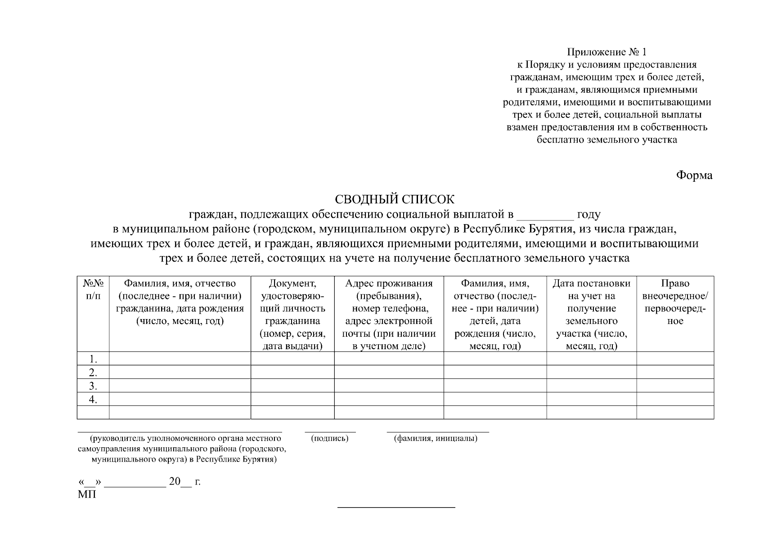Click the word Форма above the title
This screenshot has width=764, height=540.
pos(694,175)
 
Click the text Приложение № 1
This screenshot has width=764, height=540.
pos(607,52)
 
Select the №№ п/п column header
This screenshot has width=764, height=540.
pos(93,290)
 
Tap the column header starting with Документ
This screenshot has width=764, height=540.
pos(292,314)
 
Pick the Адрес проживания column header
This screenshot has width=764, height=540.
pos(389,314)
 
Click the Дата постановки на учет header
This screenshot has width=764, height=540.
pos(591,314)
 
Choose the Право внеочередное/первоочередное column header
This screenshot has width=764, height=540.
pos(675,302)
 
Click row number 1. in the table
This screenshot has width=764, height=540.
pos(93,359)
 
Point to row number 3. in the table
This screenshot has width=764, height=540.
pos(93,386)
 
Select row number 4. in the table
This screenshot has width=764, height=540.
pos(93,400)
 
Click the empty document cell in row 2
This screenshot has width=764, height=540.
pos(292,372)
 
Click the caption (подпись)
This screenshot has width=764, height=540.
pos(330,438)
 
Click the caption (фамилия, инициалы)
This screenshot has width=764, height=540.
pos(436,438)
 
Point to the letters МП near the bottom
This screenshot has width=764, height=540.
pos(87,495)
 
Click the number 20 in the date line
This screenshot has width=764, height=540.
pos(174,482)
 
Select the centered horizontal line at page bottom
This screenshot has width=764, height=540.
pos(396,508)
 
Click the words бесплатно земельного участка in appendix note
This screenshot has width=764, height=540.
pos(607,139)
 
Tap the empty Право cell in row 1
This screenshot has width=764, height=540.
pos(675,359)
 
